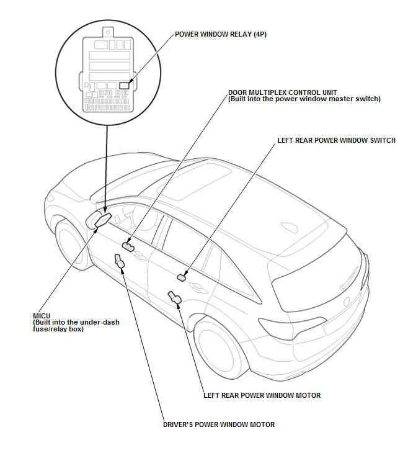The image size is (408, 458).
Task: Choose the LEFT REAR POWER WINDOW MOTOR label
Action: (262, 395)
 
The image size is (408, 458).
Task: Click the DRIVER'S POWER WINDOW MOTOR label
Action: (218, 424)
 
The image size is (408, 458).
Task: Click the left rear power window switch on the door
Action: (182, 277)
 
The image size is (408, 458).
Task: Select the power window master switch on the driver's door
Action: (129, 247)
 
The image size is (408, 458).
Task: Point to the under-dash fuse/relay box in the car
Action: (100, 219)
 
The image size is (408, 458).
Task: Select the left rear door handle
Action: (198, 287)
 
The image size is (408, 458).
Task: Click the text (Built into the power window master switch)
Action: (304, 99)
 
